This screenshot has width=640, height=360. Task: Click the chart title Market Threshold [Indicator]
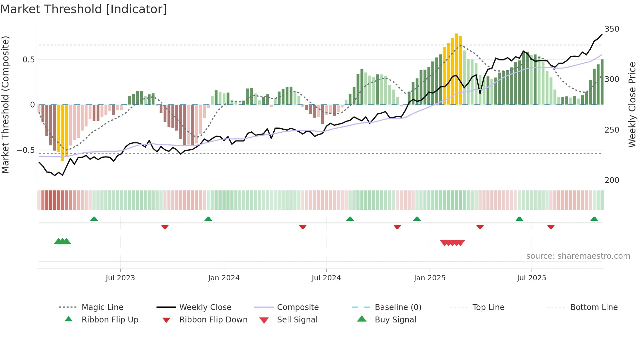coord(84,9)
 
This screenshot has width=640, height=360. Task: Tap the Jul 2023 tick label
coord(120,278)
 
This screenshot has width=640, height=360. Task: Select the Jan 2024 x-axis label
coord(224,278)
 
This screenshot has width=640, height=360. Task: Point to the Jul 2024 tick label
coord(326,278)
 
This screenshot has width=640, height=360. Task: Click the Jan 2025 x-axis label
coord(429,278)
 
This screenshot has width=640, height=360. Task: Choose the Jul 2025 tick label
coord(531,278)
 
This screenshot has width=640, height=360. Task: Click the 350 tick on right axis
coord(612,29)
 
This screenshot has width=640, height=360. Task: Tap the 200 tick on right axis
coord(612,180)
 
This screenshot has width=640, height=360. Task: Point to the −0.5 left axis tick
coord(25,150)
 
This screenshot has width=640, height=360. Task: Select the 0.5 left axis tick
coord(28,60)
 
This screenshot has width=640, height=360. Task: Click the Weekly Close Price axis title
coord(632,105)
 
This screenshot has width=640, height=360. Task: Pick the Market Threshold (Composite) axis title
coord(5,105)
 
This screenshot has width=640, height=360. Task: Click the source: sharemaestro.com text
coord(578,256)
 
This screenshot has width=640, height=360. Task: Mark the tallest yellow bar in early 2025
coord(456,69)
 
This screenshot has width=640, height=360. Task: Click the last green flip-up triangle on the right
coord(594,219)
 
